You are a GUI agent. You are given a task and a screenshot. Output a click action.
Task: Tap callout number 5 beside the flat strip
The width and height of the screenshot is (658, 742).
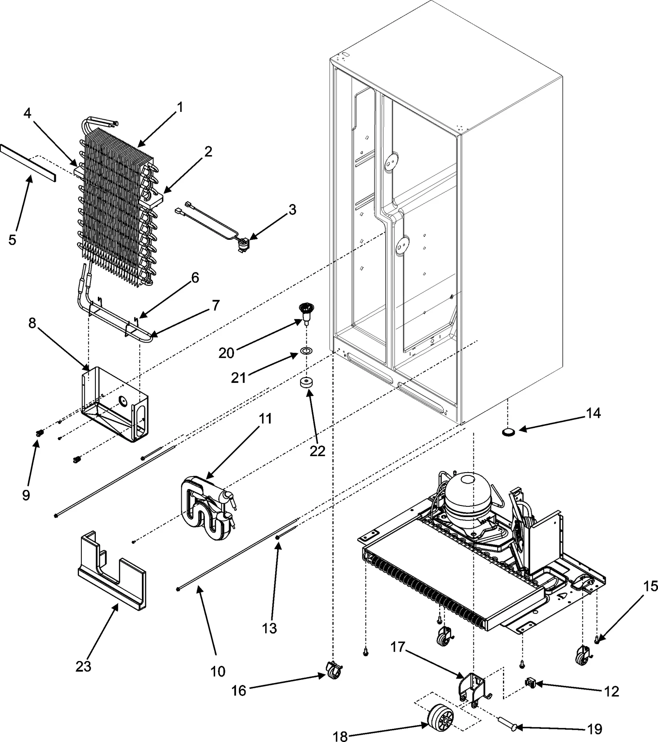tap(13, 239)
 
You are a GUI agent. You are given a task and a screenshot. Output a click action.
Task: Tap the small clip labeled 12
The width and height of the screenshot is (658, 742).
tap(531, 683)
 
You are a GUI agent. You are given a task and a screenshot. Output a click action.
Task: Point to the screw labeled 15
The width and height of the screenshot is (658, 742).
tap(596, 650)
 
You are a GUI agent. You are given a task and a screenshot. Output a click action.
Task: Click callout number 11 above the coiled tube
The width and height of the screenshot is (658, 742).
tap(265, 419)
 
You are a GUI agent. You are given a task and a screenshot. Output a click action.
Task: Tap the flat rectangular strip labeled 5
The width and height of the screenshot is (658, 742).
tap(28, 164)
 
